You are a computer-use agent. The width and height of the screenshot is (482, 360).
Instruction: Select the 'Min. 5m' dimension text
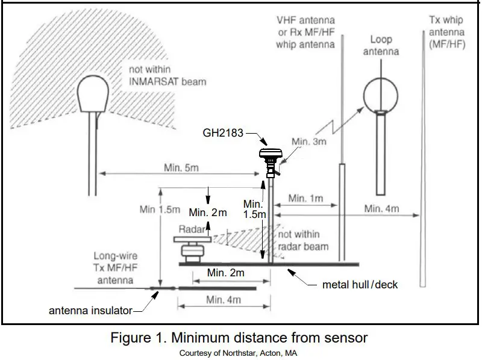(x=181, y=167)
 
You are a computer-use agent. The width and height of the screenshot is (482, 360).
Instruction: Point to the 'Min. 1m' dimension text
(x=306, y=198)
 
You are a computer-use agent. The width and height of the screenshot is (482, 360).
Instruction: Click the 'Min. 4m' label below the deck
(x=224, y=299)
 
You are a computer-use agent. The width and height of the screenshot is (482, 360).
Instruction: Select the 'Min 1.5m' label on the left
(x=160, y=209)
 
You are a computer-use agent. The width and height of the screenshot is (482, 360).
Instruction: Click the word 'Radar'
(x=192, y=229)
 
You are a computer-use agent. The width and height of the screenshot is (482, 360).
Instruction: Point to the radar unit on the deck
(x=192, y=249)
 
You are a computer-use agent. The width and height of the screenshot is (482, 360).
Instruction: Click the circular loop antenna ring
(x=381, y=95)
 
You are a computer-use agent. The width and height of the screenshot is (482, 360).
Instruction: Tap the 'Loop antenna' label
(x=381, y=45)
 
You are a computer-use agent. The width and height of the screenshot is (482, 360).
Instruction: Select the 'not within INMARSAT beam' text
(x=163, y=75)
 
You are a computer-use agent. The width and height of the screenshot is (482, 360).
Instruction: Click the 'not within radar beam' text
(x=302, y=240)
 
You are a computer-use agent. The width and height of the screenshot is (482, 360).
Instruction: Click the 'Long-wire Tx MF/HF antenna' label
(x=113, y=268)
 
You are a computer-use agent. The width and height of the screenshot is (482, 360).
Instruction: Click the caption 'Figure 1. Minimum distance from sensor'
(x=239, y=338)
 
